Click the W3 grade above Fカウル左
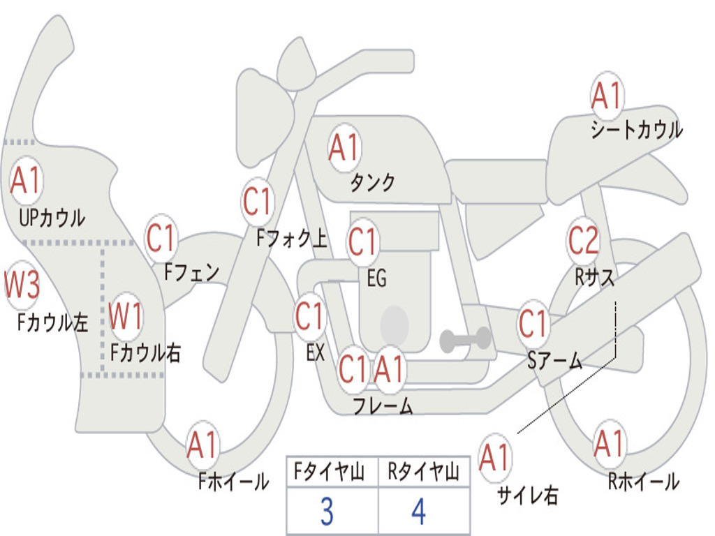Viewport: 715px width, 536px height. click(x=22, y=284)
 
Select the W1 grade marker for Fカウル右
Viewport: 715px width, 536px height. click(x=126, y=315)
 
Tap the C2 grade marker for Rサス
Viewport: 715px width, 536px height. click(x=583, y=240)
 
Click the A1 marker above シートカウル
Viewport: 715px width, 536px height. click(x=607, y=95)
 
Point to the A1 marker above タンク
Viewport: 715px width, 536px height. click(x=344, y=148)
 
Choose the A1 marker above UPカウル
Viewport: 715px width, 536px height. click(x=26, y=181)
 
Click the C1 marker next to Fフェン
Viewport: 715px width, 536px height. click(x=161, y=237)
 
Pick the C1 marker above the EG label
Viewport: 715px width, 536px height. click(x=362, y=241)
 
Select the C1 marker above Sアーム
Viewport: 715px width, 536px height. click(x=533, y=323)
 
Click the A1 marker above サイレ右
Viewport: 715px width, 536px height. click(x=495, y=456)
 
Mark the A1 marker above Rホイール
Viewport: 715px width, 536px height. click(x=609, y=443)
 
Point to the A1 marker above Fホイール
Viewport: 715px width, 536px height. click(x=202, y=445)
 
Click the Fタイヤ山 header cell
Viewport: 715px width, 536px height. click(x=332, y=471)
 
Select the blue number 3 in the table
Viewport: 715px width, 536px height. click(x=327, y=512)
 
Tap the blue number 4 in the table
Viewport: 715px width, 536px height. click(x=419, y=512)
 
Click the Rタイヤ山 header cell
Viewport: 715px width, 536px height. click(x=424, y=471)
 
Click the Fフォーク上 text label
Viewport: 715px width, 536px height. click(x=292, y=238)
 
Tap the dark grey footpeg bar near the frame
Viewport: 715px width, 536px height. click(x=466, y=340)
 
